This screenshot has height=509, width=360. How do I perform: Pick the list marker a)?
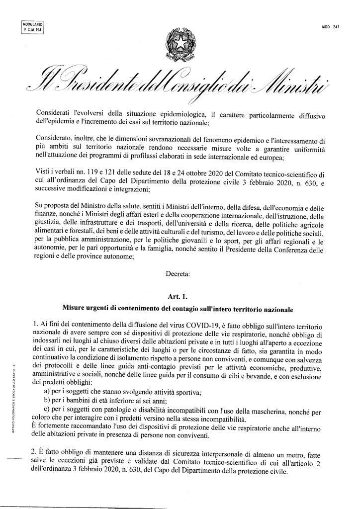point(49,392)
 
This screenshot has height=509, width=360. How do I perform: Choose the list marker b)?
point(49,400)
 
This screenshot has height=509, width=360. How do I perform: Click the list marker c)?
point(49,409)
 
